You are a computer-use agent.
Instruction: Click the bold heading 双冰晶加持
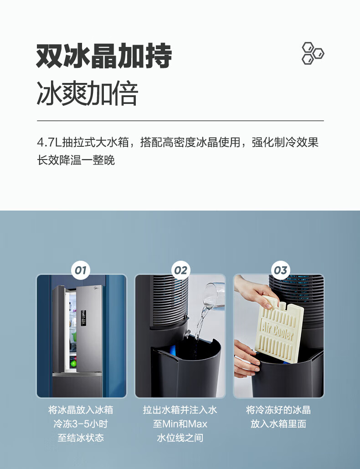tap(104, 56)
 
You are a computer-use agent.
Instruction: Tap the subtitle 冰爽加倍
tap(87, 93)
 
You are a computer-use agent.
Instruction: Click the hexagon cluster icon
tap(313, 53)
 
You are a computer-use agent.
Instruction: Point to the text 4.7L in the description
tap(49, 142)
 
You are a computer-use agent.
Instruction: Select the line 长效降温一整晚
tap(76, 160)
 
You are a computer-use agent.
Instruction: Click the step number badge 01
tap(81, 270)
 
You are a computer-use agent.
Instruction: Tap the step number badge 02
tap(180, 270)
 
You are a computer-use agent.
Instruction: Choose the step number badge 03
tap(280, 270)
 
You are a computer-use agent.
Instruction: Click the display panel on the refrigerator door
tap(83, 318)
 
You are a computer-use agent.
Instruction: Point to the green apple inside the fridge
tap(73, 364)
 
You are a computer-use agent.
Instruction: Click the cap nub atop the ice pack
tap(282, 304)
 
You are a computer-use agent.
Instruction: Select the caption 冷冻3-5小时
tap(81, 424)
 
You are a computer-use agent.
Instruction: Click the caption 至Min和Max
tap(180, 424)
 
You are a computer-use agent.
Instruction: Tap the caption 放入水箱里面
tap(278, 424)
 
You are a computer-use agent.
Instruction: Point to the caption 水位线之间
tap(180, 438)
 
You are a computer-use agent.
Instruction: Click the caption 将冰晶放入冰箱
tap(81, 410)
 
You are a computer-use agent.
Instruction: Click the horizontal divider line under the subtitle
tap(180, 121)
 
